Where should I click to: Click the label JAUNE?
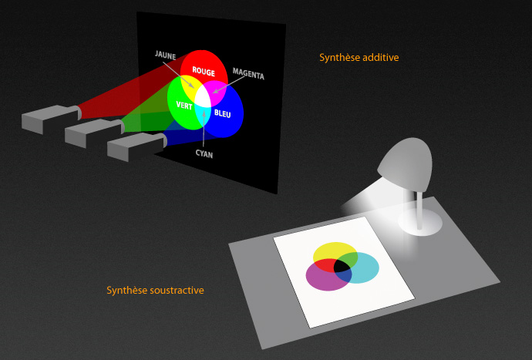point(165,55)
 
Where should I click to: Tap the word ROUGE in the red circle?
point(204,72)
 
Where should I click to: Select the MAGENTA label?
point(248,74)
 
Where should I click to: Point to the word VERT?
point(184,106)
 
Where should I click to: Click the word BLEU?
point(223,113)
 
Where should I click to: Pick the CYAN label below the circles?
point(204,154)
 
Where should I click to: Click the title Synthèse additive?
point(359,57)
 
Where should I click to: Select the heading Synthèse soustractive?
point(156,290)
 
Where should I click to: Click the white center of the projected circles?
point(203,97)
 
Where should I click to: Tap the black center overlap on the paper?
point(342,266)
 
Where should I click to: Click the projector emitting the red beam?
point(52,119)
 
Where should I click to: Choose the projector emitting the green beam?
point(95,133)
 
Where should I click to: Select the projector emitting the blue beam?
point(137,146)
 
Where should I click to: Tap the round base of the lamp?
point(420,222)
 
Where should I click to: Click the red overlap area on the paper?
point(325,265)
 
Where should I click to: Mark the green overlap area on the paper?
point(349,258)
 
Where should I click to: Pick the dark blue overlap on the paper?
point(343,276)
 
